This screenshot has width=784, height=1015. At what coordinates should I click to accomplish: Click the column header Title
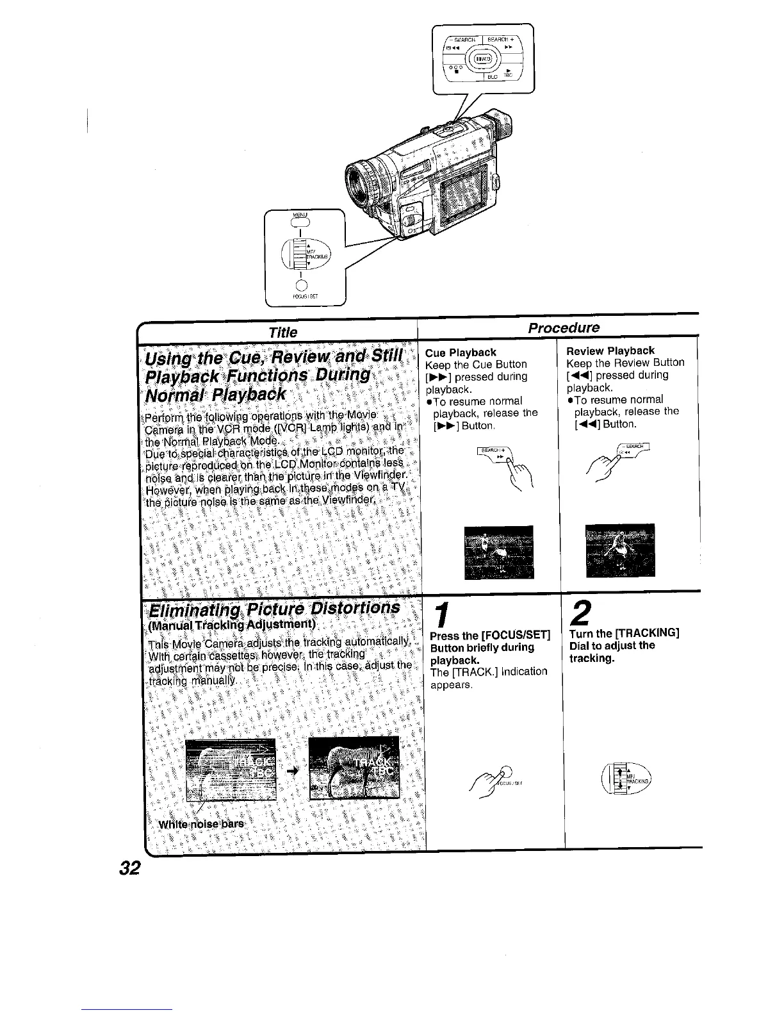pos(283,332)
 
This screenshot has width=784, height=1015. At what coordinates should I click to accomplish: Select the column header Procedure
pos(564,328)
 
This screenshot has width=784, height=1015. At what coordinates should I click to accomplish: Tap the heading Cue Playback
pos(461,352)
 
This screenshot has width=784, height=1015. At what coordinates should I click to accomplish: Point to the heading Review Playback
pos(610,351)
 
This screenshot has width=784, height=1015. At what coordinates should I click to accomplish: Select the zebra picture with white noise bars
pos(230,768)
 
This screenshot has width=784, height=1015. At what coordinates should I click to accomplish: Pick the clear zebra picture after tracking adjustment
pos(354,768)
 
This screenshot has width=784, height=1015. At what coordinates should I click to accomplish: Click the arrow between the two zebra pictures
pos(292,770)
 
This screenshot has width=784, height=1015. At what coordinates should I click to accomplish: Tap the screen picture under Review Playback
pos(620,550)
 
